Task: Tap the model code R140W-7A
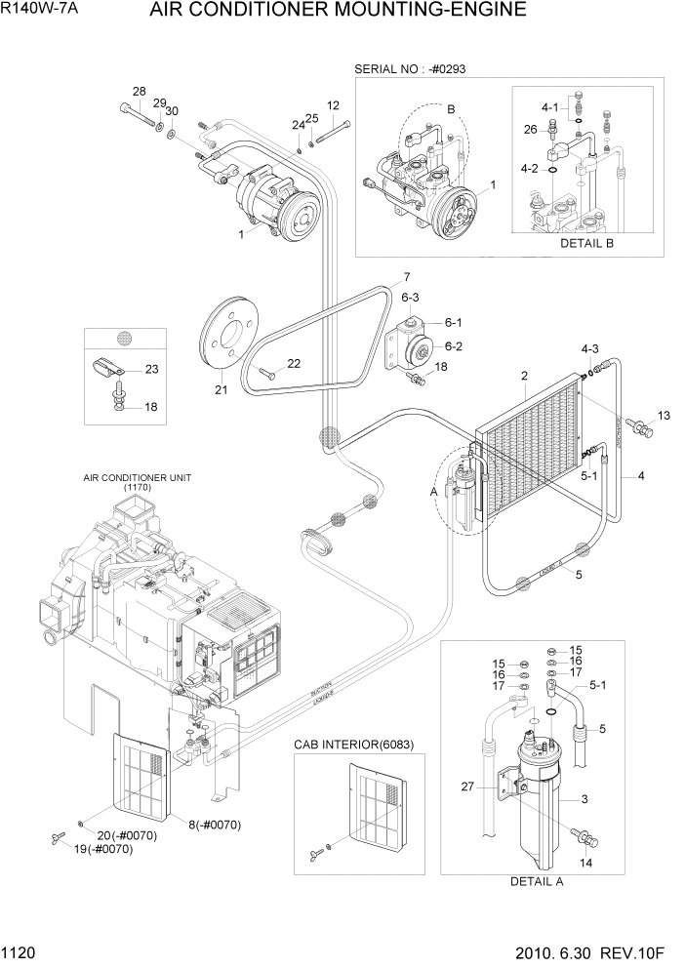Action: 41,12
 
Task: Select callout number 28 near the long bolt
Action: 139,92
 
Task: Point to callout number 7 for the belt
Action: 405,276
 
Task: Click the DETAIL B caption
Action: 585,243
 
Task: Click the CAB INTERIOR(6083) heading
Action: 353,745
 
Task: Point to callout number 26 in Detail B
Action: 530,129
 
